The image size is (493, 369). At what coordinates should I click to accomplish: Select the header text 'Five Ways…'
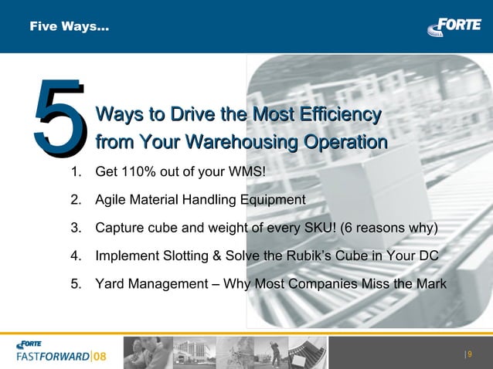pos(69,27)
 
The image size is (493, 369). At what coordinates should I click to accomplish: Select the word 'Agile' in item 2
pos(110,200)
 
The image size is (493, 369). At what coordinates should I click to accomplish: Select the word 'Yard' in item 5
pos(110,283)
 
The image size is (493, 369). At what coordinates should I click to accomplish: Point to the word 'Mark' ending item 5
pos(430,283)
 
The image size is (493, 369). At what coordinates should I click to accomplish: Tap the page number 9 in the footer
pos(470,354)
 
